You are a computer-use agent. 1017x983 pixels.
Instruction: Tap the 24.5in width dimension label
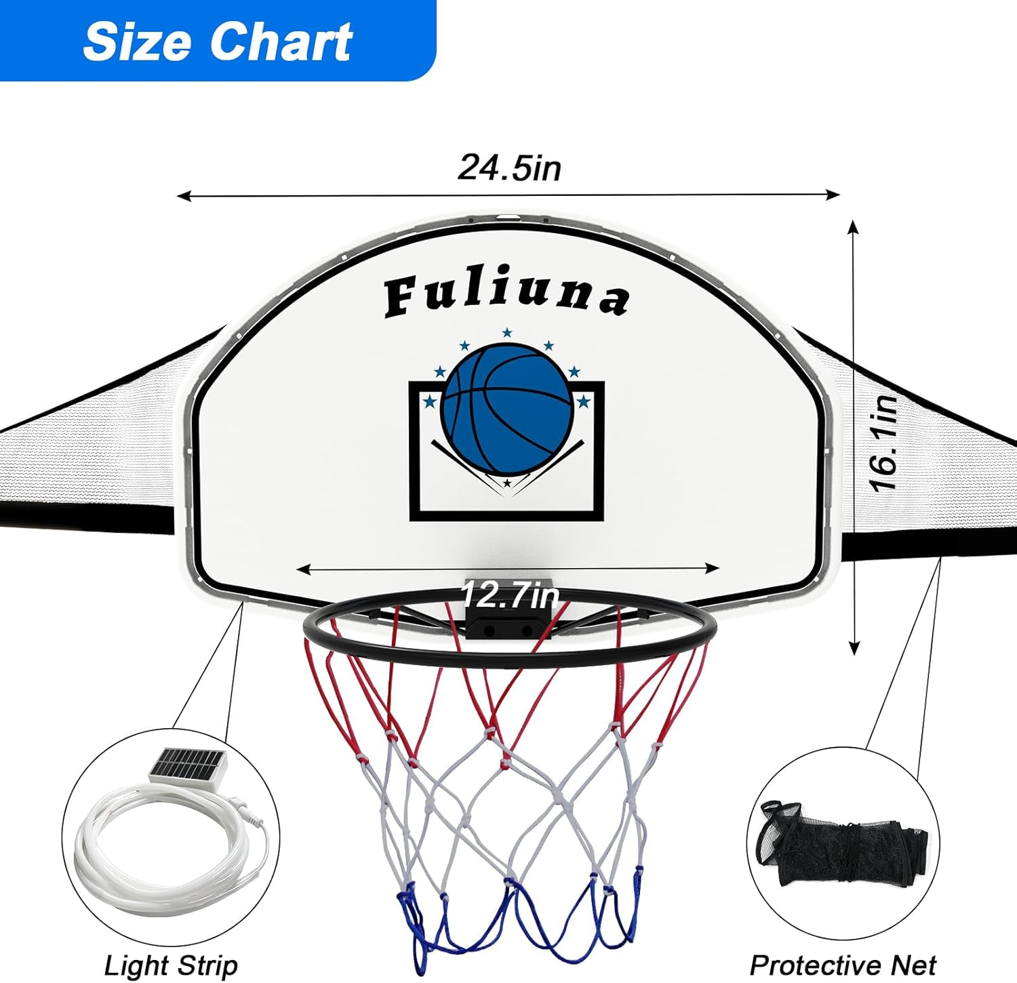click(x=510, y=167)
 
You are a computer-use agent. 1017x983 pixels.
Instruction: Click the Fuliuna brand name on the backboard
click(x=506, y=296)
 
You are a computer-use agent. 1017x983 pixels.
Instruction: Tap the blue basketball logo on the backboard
click(x=507, y=409)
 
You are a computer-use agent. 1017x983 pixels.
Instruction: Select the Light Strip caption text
click(x=171, y=965)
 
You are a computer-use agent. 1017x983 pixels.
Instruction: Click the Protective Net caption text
click(x=843, y=965)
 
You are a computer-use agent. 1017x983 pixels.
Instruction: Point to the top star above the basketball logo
click(x=507, y=332)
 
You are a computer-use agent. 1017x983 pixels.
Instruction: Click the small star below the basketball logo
click(x=507, y=483)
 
